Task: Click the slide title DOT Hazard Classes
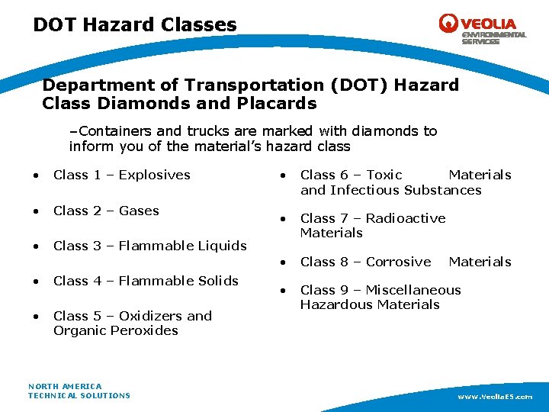[135, 25]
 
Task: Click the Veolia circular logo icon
[448, 23]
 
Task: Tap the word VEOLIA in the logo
[487, 24]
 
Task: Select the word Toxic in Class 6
[384, 175]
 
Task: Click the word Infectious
[364, 190]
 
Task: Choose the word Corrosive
[398, 262]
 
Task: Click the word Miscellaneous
[413, 290]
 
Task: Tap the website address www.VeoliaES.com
[495, 397]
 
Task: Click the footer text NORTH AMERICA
[65, 386]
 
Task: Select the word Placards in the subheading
[278, 103]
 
